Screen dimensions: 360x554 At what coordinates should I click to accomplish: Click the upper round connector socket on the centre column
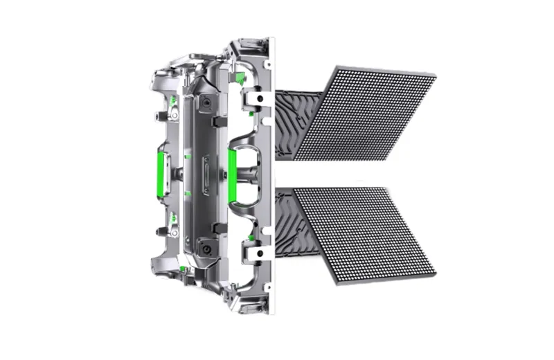[x=206, y=105]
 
